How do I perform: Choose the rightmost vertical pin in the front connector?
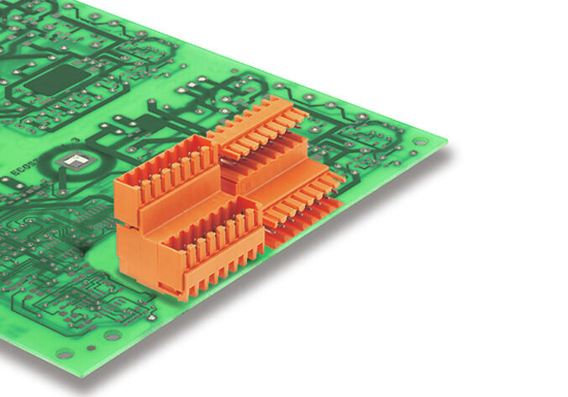click(x=250, y=220)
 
